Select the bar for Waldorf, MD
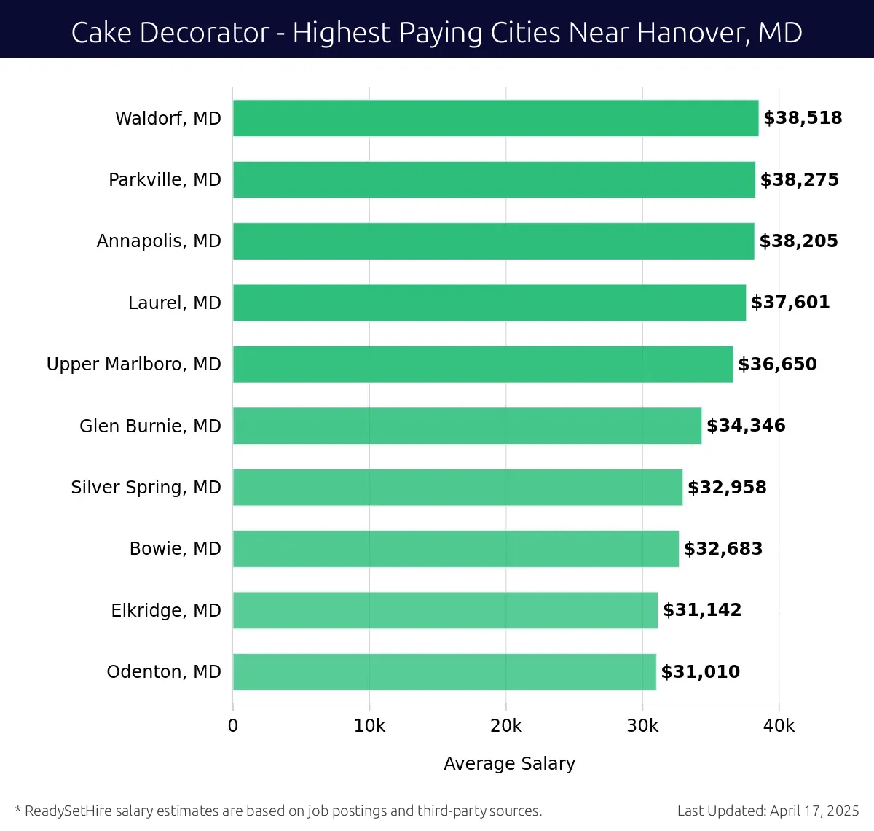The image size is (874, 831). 495,118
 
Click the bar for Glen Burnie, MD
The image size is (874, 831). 467,426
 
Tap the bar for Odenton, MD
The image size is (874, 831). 444,671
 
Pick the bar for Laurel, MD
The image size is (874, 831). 489,303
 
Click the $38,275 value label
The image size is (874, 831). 799,180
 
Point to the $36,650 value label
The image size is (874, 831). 777,364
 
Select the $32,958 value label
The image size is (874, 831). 727,488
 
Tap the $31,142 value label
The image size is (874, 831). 701,610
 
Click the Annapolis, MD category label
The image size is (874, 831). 159,241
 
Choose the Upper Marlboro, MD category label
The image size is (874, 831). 133,364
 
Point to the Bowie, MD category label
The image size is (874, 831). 175,549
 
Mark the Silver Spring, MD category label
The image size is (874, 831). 146,488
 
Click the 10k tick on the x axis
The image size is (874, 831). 369,726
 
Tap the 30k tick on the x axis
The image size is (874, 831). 642,726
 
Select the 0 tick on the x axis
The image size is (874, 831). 233,726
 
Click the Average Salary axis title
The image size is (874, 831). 509,763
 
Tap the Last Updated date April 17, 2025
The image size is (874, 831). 814,811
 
